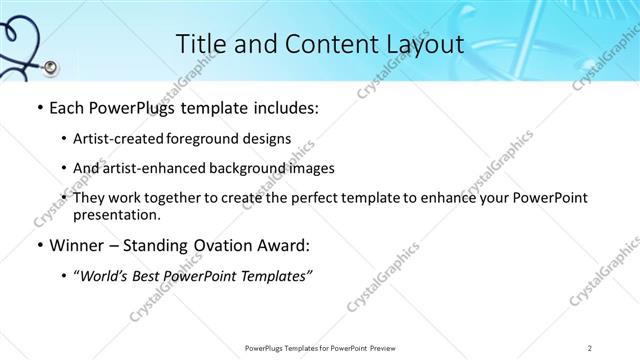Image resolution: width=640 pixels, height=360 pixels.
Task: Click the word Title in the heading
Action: [x=199, y=44]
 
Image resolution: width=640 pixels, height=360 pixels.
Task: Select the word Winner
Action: [x=76, y=245]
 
